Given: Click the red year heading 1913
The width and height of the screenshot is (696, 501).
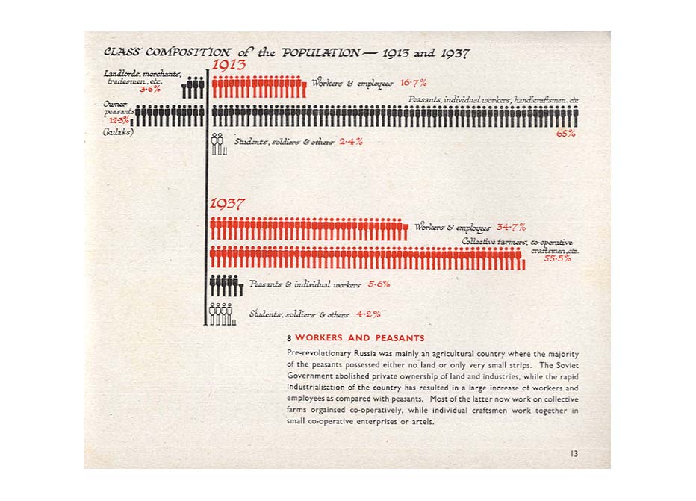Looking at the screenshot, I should pyautogui.click(x=229, y=66).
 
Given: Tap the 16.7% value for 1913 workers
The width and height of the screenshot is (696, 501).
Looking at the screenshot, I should pyautogui.click(x=413, y=83).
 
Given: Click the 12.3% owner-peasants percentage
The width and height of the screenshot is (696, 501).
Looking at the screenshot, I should pyautogui.click(x=119, y=119).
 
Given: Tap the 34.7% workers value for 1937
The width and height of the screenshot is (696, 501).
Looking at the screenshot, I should pyautogui.click(x=511, y=227).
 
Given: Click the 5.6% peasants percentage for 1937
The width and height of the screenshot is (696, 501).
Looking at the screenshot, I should pyautogui.click(x=379, y=284).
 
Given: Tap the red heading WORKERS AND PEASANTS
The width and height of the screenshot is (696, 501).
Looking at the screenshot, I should pyautogui.click(x=360, y=338).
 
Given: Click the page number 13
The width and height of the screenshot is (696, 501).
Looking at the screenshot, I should pyautogui.click(x=573, y=453).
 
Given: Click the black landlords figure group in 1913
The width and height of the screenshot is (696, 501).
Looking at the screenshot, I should pyautogui.click(x=193, y=87).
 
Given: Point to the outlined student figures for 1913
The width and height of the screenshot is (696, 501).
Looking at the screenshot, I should pyautogui.click(x=218, y=144).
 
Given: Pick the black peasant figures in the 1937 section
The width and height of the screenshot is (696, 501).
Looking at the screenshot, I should pyautogui.click(x=226, y=286).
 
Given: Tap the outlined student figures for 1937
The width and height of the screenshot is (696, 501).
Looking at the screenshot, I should pyautogui.click(x=222, y=314).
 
